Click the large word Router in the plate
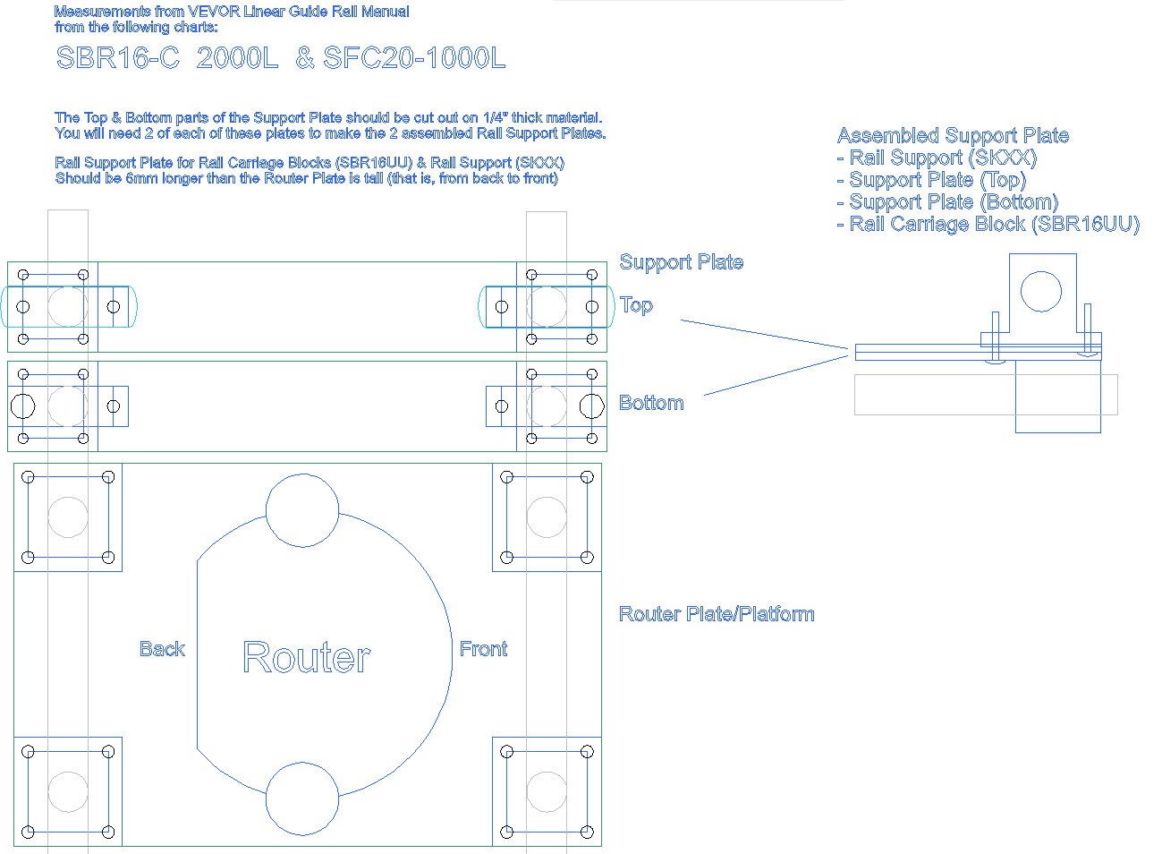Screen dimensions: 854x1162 pyautogui.click(x=306, y=657)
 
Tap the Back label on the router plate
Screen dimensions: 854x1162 pyautogui.click(x=162, y=649)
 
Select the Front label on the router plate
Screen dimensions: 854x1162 pyautogui.click(x=483, y=649)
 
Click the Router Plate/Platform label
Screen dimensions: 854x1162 pyautogui.click(x=717, y=614)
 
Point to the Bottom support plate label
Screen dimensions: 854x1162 pyautogui.click(x=651, y=403)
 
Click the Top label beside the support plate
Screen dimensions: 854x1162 pyautogui.click(x=636, y=305)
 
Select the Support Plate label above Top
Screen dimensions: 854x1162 pyautogui.click(x=681, y=262)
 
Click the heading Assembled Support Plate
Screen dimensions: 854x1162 pyautogui.click(x=953, y=136)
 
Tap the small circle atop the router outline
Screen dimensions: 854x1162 pyautogui.click(x=302, y=510)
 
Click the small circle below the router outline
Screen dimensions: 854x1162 pyautogui.click(x=302, y=798)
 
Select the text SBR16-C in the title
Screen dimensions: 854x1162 pyautogui.click(x=117, y=58)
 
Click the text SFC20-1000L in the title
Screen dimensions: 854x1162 pyautogui.click(x=414, y=58)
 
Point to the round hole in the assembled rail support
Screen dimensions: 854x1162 pyautogui.click(x=1040, y=291)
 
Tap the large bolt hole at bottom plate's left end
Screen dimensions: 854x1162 pyautogui.click(x=22, y=406)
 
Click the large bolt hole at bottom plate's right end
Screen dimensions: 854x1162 pyautogui.click(x=591, y=406)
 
